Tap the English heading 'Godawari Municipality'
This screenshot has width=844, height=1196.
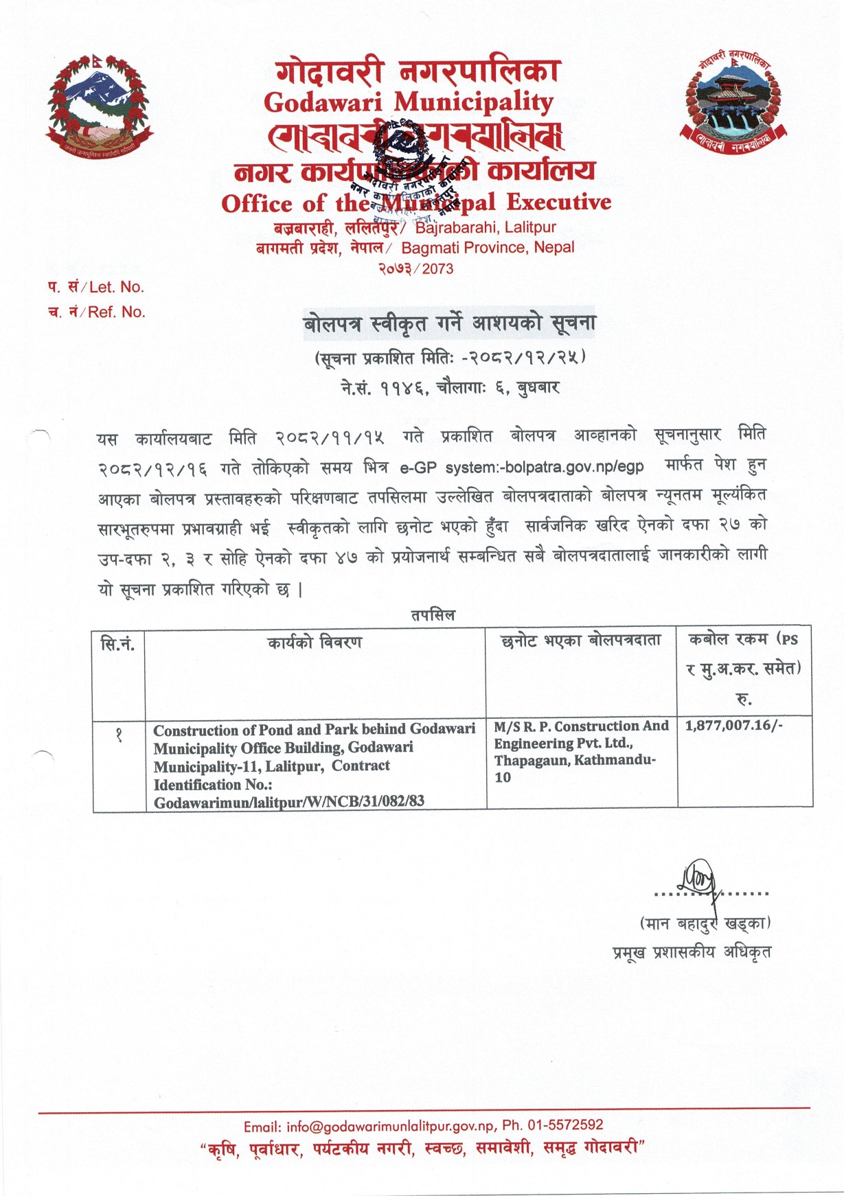(x=409, y=103)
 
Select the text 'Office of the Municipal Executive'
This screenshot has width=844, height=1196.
(x=415, y=203)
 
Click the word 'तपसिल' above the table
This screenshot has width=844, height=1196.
(x=433, y=615)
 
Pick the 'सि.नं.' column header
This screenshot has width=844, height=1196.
(x=118, y=644)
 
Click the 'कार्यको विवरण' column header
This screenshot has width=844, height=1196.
(x=315, y=643)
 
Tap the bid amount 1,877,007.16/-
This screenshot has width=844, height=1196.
(x=733, y=726)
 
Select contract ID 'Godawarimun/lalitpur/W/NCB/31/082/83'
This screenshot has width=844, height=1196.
(x=289, y=802)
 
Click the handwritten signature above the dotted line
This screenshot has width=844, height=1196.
(x=699, y=877)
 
